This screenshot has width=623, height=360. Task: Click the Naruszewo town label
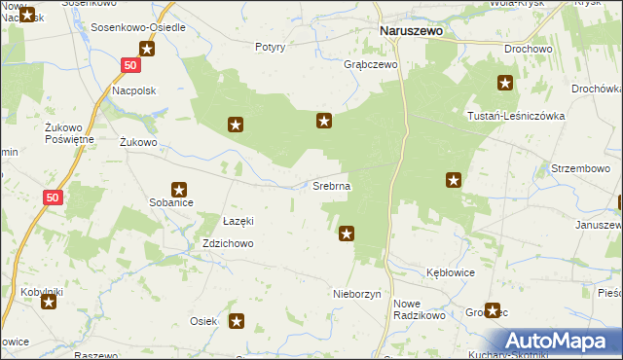[410, 31]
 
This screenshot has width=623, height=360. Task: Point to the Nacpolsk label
[134, 90]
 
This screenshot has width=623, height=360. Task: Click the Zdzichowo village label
[229, 244]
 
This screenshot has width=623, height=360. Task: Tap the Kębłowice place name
[451, 272]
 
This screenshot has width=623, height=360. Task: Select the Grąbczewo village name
[371, 65]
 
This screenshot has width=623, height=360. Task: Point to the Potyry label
[270, 47]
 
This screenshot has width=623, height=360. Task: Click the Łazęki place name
[238, 221]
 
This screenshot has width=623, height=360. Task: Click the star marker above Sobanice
[179, 190]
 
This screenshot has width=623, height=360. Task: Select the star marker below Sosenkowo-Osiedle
[147, 50]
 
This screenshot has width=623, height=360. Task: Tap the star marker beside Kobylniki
[50, 303]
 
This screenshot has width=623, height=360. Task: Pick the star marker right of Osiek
[237, 320]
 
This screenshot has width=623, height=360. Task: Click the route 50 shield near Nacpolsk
[131, 64]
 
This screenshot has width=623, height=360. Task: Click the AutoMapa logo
[561, 342]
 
